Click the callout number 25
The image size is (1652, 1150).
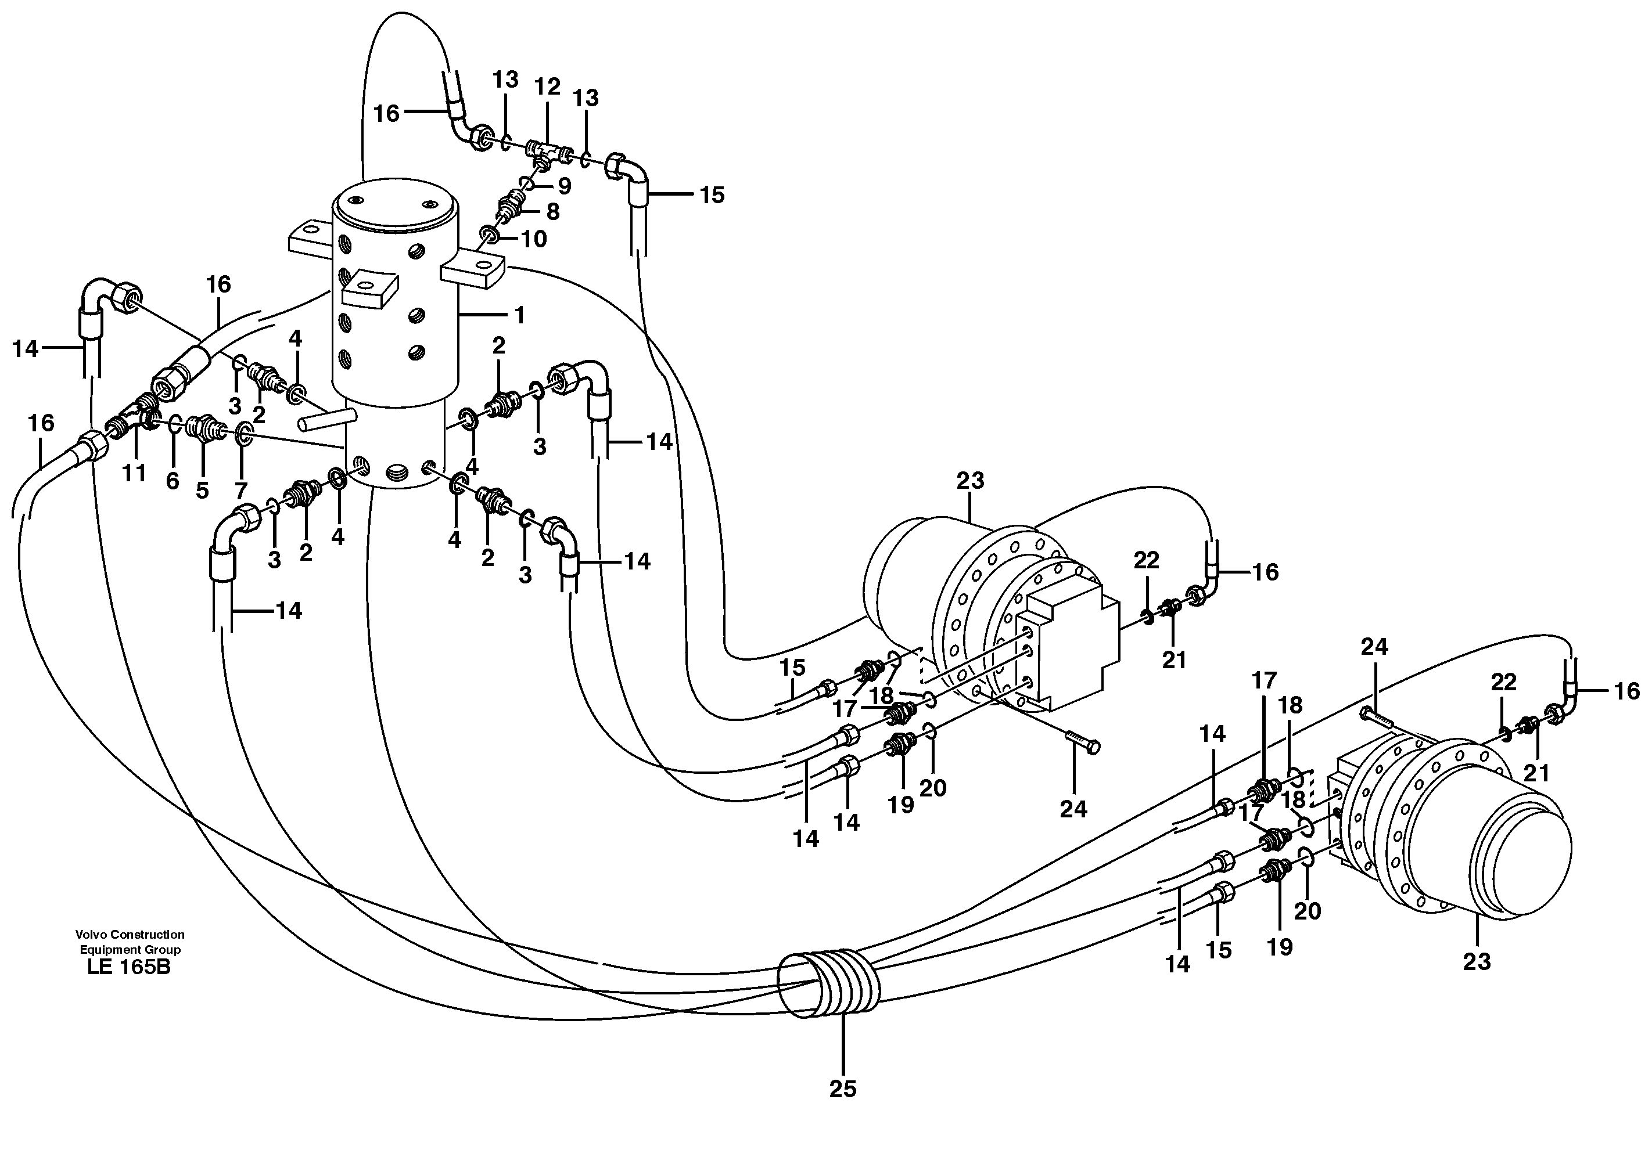[x=842, y=1089]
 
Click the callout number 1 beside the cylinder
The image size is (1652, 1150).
[x=519, y=315]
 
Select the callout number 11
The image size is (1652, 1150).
[x=134, y=473]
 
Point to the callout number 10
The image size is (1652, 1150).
[x=534, y=238]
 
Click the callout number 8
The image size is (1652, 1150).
[x=552, y=211]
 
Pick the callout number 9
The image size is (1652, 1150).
[x=565, y=186]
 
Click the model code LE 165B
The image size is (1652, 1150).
[x=129, y=967]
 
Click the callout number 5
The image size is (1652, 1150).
[x=202, y=490]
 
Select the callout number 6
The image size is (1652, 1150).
[x=173, y=481]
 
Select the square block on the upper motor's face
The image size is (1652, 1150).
[x=1071, y=647]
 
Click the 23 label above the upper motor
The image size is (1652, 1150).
[x=970, y=481]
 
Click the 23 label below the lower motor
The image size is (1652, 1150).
[x=1477, y=961]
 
